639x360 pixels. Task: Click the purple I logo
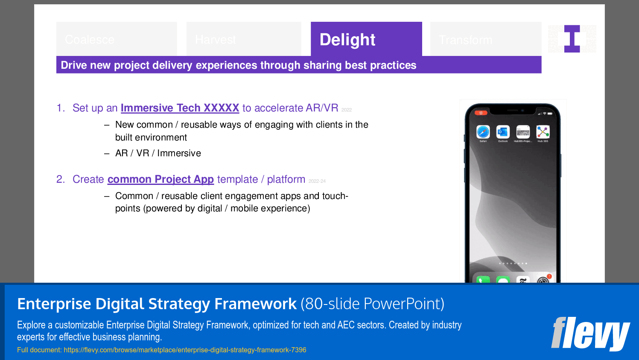(x=572, y=39)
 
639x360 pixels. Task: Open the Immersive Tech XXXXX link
(x=180, y=108)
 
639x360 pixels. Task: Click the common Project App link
(x=160, y=179)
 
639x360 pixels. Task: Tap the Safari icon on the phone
(x=483, y=132)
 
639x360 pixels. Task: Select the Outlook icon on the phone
(x=503, y=132)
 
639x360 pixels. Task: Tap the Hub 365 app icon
(x=543, y=132)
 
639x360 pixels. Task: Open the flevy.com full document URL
(x=185, y=350)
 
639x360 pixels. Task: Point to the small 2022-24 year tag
(x=317, y=181)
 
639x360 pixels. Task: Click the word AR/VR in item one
(x=322, y=108)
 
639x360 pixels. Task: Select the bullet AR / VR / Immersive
(x=158, y=153)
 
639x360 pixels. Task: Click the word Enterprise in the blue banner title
(x=54, y=304)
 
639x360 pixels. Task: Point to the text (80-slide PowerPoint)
(x=372, y=304)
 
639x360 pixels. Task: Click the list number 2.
(x=60, y=179)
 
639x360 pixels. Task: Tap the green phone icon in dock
(x=483, y=280)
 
